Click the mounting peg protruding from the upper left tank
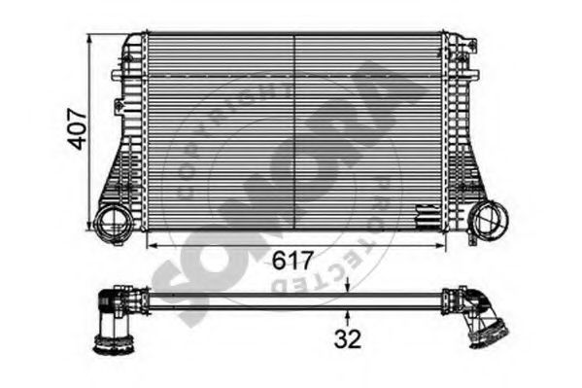point(117,73)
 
